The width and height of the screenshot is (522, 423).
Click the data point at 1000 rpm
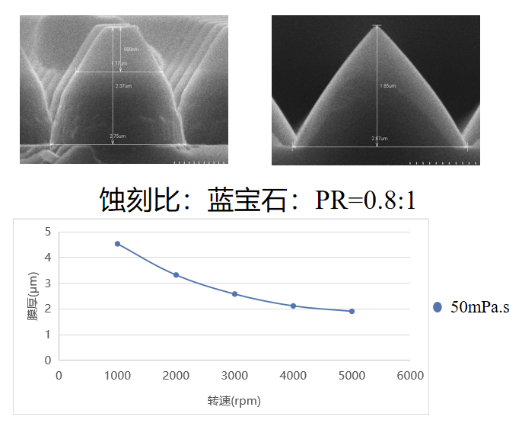117,244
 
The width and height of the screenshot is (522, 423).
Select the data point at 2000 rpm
176,275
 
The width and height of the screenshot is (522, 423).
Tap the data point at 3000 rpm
234,294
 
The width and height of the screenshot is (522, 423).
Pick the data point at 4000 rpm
293,306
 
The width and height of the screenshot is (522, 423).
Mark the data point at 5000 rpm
352,311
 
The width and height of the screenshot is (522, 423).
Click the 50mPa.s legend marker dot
437,307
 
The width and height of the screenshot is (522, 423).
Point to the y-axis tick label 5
48,232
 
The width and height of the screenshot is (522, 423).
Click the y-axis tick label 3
48,284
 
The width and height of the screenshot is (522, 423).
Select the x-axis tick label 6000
410,376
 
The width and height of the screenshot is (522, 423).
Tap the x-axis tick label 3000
234,376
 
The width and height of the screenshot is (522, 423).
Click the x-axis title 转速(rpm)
234,401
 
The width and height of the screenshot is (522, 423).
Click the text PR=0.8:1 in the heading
365,200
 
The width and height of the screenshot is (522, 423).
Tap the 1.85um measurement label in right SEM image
388,86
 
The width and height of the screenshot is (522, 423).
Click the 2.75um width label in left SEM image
117,136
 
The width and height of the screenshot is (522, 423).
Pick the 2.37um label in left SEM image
123,86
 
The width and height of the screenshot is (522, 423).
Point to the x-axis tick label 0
59,376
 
